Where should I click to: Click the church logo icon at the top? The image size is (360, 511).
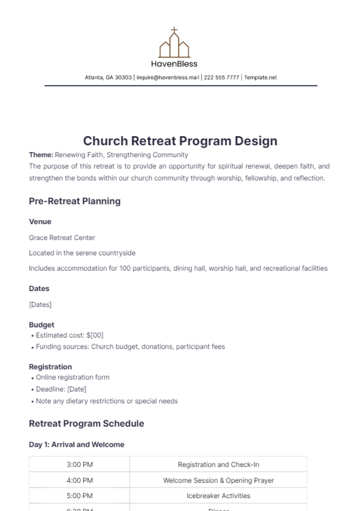pyautogui.click(x=174, y=43)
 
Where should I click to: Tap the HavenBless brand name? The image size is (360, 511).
pyautogui.click(x=174, y=64)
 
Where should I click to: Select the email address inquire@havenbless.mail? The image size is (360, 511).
pyautogui.click(x=168, y=77)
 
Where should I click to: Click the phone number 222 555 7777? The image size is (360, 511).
pyautogui.click(x=221, y=77)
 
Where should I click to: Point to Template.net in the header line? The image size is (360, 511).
pyautogui.click(x=260, y=77)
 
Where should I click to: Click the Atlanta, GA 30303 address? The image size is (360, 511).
pyautogui.click(x=108, y=77)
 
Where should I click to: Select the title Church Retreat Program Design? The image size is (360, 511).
pyautogui.click(x=180, y=141)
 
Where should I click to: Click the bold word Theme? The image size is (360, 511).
pyautogui.click(x=41, y=155)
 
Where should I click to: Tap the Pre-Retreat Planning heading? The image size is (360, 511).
pyautogui.click(x=75, y=201)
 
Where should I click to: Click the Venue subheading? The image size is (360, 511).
pyautogui.click(x=40, y=222)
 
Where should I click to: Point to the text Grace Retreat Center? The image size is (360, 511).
pyautogui.click(x=62, y=238)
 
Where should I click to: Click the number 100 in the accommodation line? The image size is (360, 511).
pyautogui.click(x=125, y=268)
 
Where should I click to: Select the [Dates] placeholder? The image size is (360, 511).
pyautogui.click(x=40, y=305)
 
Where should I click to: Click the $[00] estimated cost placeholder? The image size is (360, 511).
pyautogui.click(x=95, y=335)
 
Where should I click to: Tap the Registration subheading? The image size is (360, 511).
pyautogui.click(x=50, y=367)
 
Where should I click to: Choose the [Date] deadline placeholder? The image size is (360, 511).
pyautogui.click(x=77, y=389)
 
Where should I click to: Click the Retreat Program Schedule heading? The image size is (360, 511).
pyautogui.click(x=86, y=424)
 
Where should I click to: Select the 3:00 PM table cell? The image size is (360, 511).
pyautogui.click(x=79, y=465)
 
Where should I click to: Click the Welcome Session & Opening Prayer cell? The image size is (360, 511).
pyautogui.click(x=218, y=480)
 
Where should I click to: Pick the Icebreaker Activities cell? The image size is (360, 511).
pyautogui.click(x=218, y=496)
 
